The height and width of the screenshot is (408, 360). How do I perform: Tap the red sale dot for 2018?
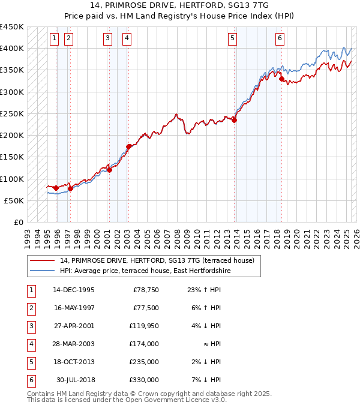pyautogui.click(x=281, y=78)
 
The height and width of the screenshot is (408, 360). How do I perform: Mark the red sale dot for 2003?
pyautogui.click(x=128, y=146)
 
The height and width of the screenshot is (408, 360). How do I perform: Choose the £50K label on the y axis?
pyautogui.click(x=14, y=200)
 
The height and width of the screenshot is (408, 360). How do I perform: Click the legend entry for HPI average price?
pyautogui.click(x=145, y=271)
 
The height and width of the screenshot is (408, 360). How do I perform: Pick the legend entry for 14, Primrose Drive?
pyautogui.click(x=157, y=260)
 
